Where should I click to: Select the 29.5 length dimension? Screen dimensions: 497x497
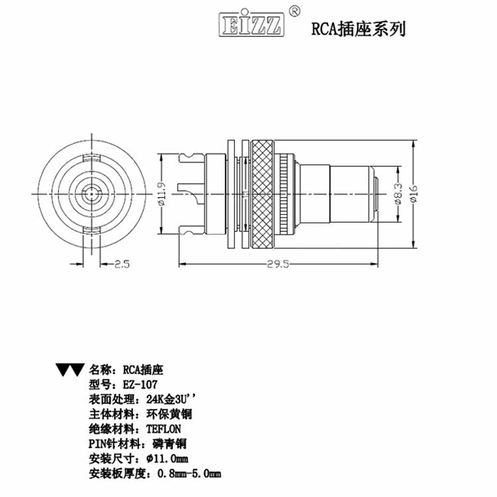tap(279, 264)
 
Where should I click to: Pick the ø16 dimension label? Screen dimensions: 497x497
tap(415, 193)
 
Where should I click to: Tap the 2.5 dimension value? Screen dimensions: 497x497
tap(121, 264)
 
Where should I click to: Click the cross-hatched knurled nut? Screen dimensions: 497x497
tap(261, 193)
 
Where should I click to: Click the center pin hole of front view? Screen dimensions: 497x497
tap(90, 193)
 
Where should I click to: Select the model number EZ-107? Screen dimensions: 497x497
tap(140, 384)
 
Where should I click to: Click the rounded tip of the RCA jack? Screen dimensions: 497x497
tap(376, 193)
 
